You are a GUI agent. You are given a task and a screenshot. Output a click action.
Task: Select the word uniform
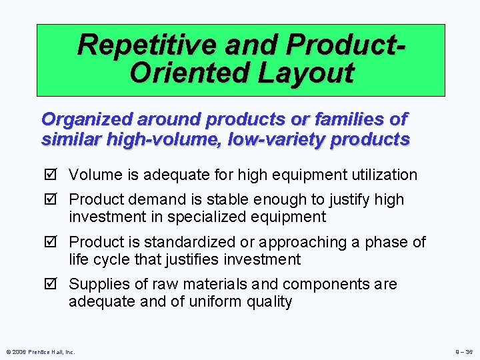pyautogui.click(x=215, y=302)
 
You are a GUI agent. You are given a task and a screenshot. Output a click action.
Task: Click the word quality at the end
pyautogui.click(x=269, y=302)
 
